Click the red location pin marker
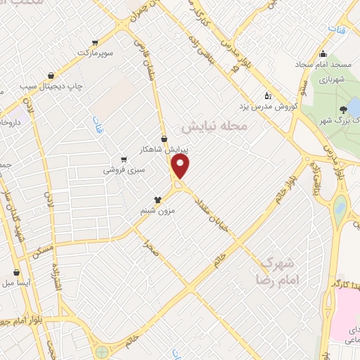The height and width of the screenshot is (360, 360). point(181,167)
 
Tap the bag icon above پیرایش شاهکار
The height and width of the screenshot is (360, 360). point(164,139)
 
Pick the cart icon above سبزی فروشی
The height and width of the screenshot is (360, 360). point(124,159)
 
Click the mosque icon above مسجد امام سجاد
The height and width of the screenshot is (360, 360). point(323,55)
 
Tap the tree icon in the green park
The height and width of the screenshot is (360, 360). point(342,110)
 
